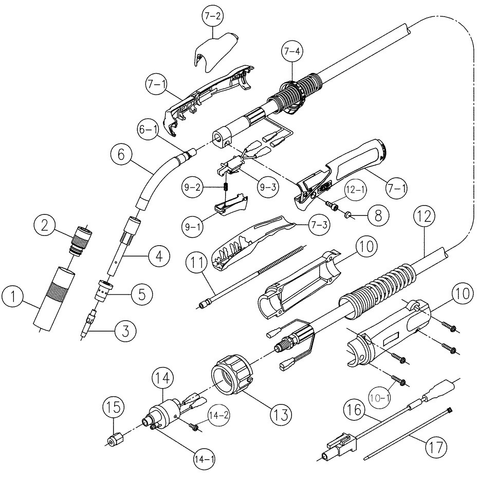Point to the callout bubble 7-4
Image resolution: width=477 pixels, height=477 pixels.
tap(292, 51)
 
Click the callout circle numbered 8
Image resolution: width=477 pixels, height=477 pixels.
tap(378, 214)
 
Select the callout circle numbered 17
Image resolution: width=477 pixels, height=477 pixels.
tap(431, 444)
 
